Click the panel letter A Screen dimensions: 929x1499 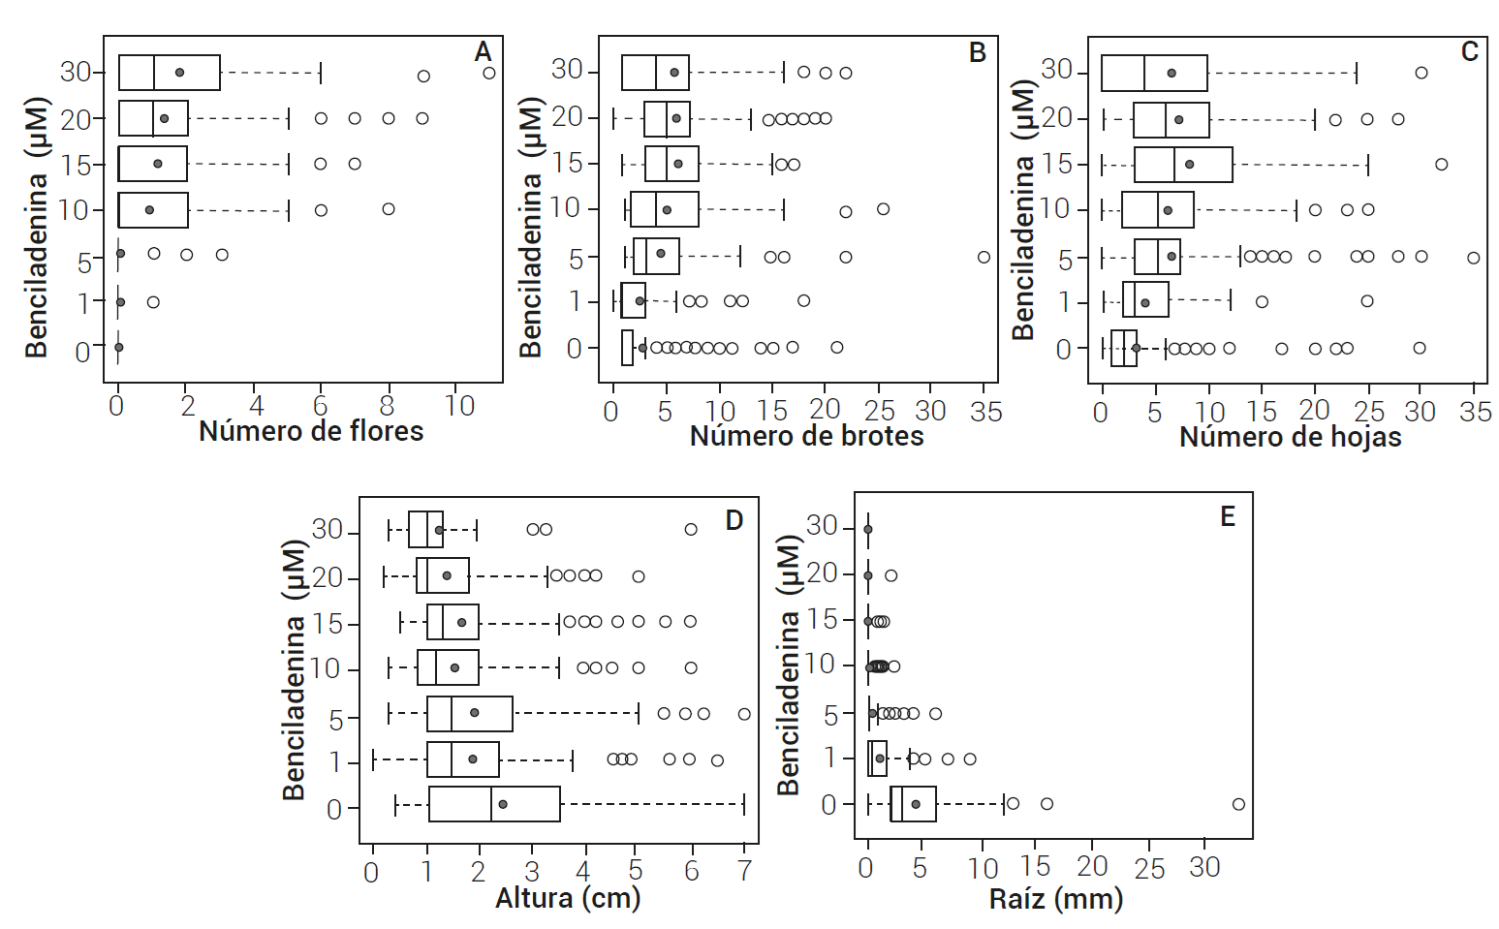click(x=483, y=51)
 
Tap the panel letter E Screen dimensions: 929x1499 click(x=1228, y=516)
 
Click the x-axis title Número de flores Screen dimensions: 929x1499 click(x=311, y=431)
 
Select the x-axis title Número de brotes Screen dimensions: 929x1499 click(x=806, y=436)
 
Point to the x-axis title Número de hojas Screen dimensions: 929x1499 click(x=1290, y=437)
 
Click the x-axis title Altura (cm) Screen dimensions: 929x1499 click(x=568, y=898)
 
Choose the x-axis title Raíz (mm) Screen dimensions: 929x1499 click(x=1056, y=898)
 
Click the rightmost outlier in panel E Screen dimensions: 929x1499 click(x=1238, y=804)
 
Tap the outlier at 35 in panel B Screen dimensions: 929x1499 click(x=984, y=258)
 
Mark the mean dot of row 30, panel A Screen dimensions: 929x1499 click(x=179, y=73)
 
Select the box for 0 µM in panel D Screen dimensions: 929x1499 click(x=494, y=804)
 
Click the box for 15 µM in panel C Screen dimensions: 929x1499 click(x=1183, y=165)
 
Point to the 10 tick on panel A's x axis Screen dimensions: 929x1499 click(x=459, y=406)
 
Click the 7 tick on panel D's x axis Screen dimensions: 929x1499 click(x=744, y=871)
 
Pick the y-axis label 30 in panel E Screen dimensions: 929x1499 click(x=823, y=526)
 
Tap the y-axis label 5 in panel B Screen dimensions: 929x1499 click(x=577, y=260)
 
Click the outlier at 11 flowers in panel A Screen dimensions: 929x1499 click(x=489, y=73)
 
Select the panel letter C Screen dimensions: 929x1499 click(x=1469, y=51)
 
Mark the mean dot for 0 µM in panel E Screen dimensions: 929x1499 click(x=916, y=804)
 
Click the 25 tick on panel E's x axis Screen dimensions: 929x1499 click(x=1149, y=868)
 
